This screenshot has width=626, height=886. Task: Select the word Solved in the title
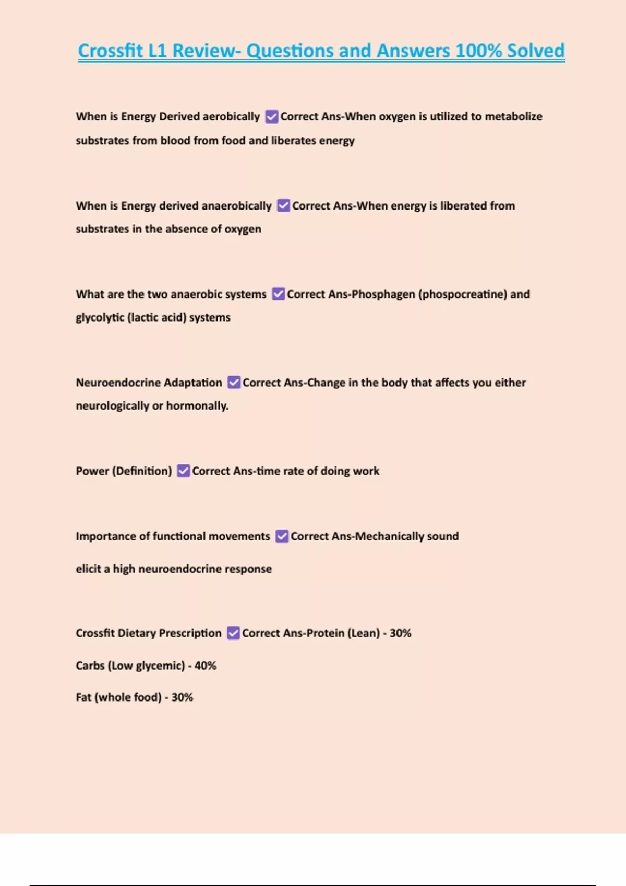click(536, 51)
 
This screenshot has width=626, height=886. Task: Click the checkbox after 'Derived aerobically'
click(271, 117)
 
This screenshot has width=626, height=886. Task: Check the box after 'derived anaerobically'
click(283, 206)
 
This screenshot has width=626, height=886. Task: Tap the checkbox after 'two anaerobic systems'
click(279, 294)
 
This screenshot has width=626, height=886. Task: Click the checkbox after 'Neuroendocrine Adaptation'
click(234, 383)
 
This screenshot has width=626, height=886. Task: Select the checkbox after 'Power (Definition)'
click(184, 471)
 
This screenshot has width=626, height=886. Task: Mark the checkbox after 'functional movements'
click(282, 536)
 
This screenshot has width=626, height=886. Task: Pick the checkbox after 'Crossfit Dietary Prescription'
click(234, 633)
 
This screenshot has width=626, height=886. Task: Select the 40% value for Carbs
click(205, 666)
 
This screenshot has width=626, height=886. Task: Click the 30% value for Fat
click(182, 697)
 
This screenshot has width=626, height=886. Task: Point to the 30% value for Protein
click(400, 633)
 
